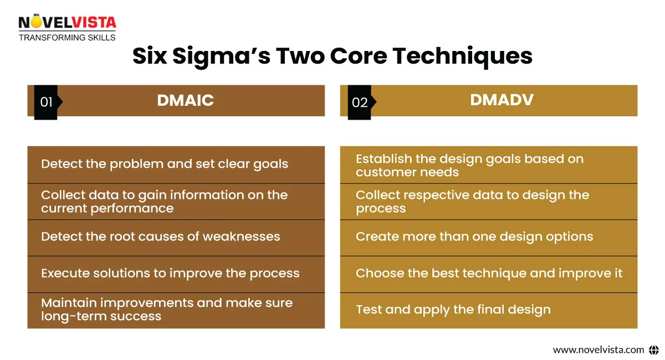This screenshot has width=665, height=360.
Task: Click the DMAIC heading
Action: pyautogui.click(x=185, y=100)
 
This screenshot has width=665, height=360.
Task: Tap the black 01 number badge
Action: pyautogui.click(x=46, y=102)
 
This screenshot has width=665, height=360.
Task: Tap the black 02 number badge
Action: pyautogui.click(x=360, y=102)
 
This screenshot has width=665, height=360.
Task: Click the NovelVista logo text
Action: pyautogui.click(x=67, y=23)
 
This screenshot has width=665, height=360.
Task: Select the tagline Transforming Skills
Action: pyautogui.click(x=67, y=38)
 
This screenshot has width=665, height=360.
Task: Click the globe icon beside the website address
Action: pyautogui.click(x=653, y=349)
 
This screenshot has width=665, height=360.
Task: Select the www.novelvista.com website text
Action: pyautogui.click(x=598, y=349)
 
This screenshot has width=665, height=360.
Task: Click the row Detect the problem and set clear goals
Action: pyautogui.click(x=165, y=164)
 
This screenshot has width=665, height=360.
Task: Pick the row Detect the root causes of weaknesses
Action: pyautogui.click(x=161, y=236)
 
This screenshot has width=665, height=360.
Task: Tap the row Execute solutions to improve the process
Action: pyautogui.click(x=170, y=273)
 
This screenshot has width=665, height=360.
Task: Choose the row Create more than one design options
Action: pyautogui.click(x=474, y=236)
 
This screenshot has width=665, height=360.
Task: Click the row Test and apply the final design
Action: pyautogui.click(x=453, y=310)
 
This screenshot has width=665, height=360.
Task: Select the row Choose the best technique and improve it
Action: pyautogui.click(x=489, y=273)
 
